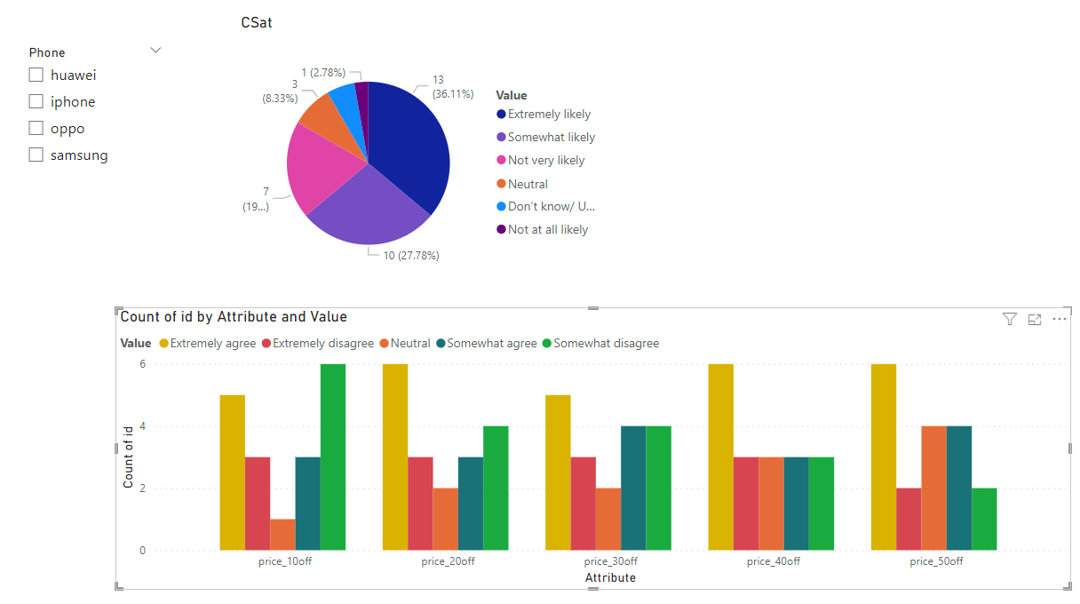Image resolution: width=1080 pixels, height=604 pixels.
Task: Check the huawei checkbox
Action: coord(36,75)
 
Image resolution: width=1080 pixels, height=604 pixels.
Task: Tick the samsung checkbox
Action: coord(36,155)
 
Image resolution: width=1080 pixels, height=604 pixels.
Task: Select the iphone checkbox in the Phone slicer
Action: coord(36,101)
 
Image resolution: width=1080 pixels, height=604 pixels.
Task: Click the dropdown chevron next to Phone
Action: coord(155,50)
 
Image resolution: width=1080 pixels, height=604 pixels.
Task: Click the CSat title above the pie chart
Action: coord(257,23)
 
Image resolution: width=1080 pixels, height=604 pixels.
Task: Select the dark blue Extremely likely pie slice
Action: coord(409,145)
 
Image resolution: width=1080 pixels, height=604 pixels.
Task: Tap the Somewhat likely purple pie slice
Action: coord(369,212)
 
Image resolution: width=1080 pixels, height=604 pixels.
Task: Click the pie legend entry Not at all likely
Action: coord(548,229)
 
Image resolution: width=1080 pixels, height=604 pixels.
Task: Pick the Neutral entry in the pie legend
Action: coord(528,184)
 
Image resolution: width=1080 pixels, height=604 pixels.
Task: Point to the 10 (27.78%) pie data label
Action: coord(411,256)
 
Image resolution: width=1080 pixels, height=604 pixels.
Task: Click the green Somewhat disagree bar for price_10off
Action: coord(333,457)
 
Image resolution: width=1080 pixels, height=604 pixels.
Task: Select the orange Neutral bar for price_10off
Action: coord(282,535)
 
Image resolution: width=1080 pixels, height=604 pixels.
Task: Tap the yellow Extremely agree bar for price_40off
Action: coord(721,457)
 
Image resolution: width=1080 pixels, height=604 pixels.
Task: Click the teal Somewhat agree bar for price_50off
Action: coord(959,488)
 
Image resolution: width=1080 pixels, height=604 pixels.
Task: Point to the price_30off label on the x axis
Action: coord(610,561)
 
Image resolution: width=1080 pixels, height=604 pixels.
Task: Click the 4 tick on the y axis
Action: coord(142,426)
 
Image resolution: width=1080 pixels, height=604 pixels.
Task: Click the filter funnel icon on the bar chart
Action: coord(1010,319)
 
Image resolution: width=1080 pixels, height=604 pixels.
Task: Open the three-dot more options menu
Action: coord(1060,319)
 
